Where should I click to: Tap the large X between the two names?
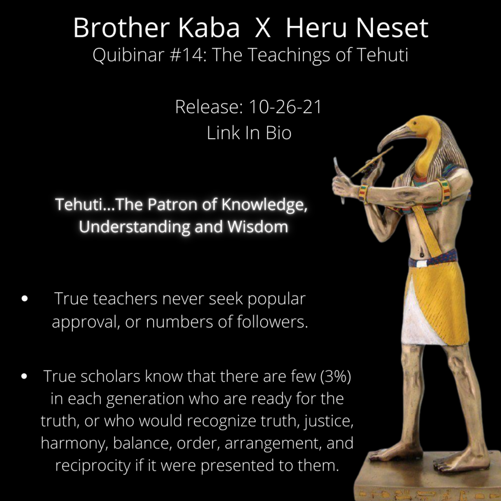(262, 29)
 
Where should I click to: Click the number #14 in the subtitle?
(181, 55)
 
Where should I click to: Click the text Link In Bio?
(249, 133)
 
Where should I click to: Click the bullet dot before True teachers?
(24, 300)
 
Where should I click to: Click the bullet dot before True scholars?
(24, 377)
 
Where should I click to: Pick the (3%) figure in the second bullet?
(334, 376)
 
